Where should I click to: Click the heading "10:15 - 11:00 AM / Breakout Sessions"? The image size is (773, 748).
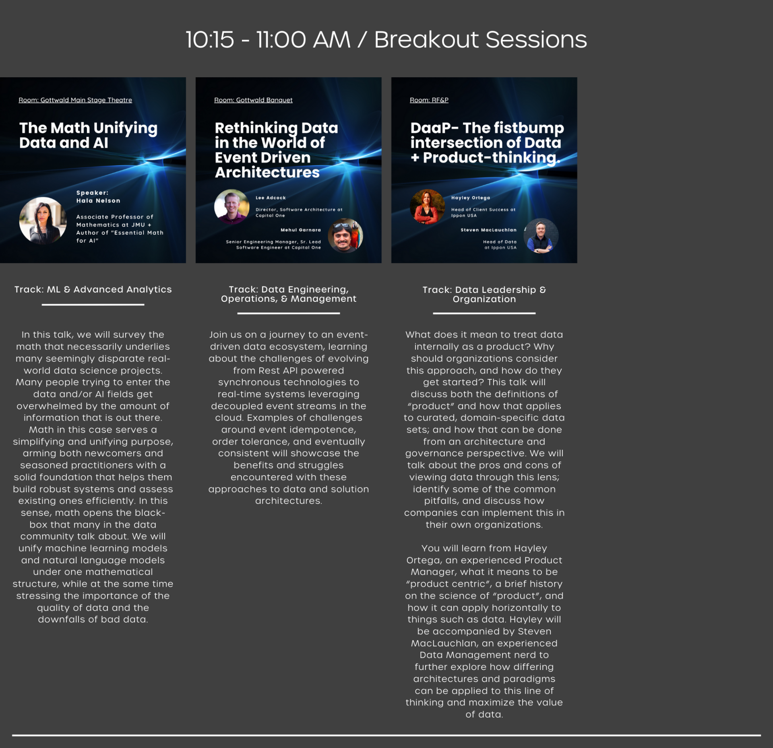[386, 39]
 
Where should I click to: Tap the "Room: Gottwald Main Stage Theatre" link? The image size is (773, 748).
[75, 100]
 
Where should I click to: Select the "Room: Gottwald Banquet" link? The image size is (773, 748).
[253, 100]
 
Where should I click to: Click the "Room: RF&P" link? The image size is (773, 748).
[429, 100]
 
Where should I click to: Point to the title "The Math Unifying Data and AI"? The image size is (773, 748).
[88, 135]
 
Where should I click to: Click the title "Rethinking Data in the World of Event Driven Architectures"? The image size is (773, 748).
[276, 150]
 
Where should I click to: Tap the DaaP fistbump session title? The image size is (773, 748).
[487, 143]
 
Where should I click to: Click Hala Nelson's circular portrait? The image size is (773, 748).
[43, 220]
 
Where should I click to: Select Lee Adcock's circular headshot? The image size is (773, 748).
[232, 206]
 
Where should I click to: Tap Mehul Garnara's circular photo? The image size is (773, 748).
[345, 236]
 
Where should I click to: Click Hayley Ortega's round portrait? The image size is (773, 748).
[428, 206]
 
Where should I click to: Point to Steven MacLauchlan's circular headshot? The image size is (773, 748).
[541, 236]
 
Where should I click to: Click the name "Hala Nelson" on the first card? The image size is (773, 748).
[98, 201]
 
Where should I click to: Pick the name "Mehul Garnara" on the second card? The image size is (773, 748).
[301, 230]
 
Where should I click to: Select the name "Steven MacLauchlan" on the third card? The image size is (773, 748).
[488, 230]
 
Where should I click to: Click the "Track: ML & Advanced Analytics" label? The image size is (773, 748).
[93, 289]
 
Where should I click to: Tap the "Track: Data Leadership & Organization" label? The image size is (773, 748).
[484, 294]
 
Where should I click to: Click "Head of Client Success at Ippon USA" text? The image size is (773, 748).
[483, 212]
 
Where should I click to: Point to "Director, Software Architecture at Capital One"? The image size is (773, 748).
[299, 212]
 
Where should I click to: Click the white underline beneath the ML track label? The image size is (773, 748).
[93, 305]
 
